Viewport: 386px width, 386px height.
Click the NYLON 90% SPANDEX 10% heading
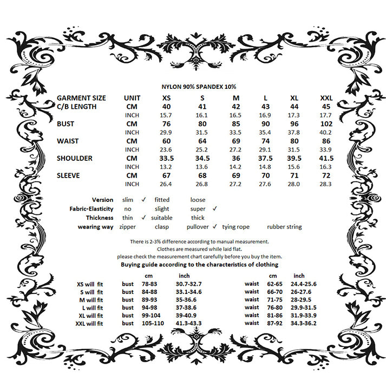[x=199, y=86]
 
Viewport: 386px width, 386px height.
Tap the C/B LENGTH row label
[x=77, y=107]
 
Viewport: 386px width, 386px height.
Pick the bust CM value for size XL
[x=294, y=124]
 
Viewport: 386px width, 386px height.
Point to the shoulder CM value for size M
[x=235, y=159]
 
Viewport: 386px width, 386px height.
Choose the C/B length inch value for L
[x=265, y=115]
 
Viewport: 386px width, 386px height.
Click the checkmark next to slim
[x=144, y=200]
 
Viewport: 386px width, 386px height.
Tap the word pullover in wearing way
[x=198, y=227]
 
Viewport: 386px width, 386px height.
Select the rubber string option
[x=284, y=227]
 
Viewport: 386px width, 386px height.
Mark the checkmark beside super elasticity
[x=214, y=208]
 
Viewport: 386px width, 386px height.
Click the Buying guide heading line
[x=199, y=265]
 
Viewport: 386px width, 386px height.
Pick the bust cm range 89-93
[x=149, y=299]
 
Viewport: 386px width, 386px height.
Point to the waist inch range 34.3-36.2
[x=303, y=323]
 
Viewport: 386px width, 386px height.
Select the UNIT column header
[x=132, y=98]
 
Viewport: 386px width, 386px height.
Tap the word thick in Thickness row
[x=198, y=218]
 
